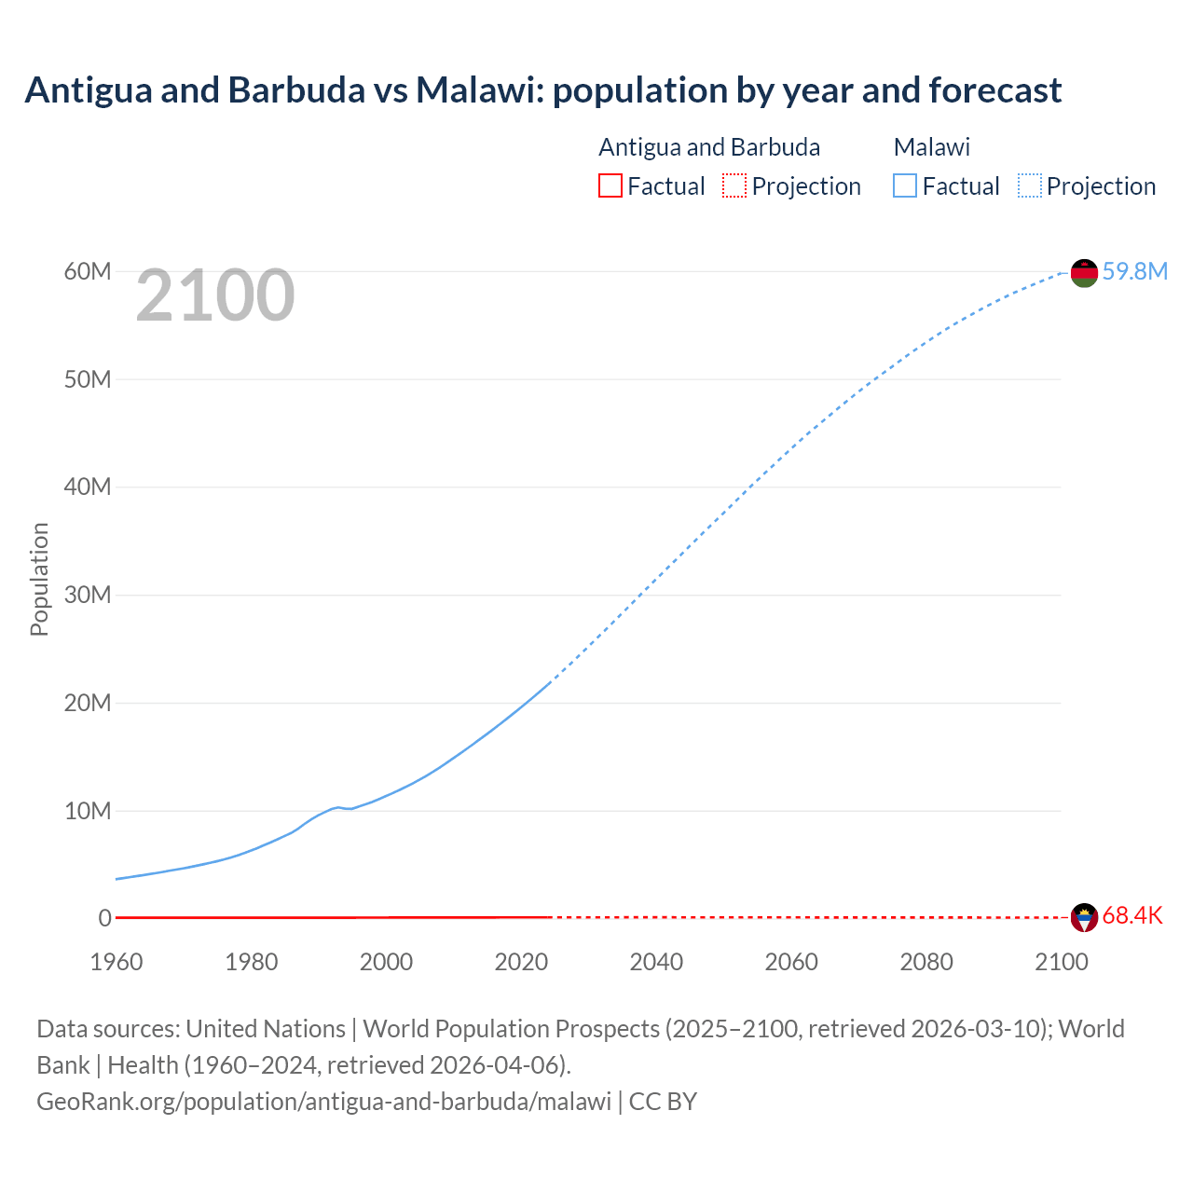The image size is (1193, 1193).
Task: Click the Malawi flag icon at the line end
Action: [x=1084, y=273]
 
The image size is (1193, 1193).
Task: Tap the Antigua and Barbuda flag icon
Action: [x=1084, y=917]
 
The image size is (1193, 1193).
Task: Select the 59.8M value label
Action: [x=1134, y=271]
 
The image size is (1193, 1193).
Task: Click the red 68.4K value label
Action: [x=1132, y=915]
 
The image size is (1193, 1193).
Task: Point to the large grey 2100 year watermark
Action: [x=215, y=295]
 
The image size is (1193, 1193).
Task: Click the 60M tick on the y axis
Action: [x=88, y=271]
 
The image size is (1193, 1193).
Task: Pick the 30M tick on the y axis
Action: [x=88, y=595]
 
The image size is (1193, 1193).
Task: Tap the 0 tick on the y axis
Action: [x=104, y=918]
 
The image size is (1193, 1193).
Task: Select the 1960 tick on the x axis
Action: [x=117, y=962]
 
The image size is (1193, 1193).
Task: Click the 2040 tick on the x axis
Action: [x=656, y=962]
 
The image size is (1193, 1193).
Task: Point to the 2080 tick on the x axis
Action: [x=926, y=962]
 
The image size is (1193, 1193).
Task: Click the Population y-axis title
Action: [x=39, y=579]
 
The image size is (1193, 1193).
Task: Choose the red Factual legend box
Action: [x=610, y=186]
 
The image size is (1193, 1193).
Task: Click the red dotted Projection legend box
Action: [x=734, y=186]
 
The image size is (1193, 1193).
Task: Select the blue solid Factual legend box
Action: [x=905, y=186]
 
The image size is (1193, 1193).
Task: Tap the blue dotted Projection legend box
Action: [x=1030, y=186]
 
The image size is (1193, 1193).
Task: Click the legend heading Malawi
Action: [x=931, y=147]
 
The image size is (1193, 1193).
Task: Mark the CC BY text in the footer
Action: [x=663, y=1101]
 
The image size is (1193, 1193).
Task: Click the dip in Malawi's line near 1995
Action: [x=350, y=808]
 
